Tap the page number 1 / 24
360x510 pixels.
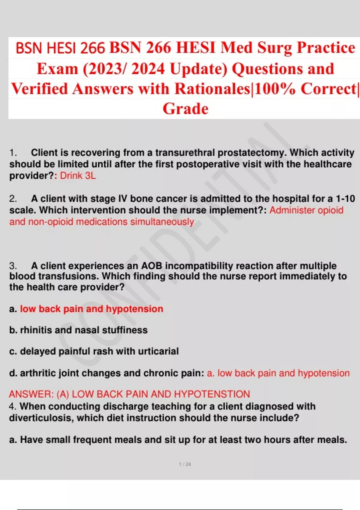tap(185, 464)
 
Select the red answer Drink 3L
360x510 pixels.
tap(78, 175)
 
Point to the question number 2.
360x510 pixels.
tap(13, 199)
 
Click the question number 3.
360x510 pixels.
tap(13, 266)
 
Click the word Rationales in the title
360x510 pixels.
tap(212, 88)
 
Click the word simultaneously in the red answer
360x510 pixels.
tap(162, 222)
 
